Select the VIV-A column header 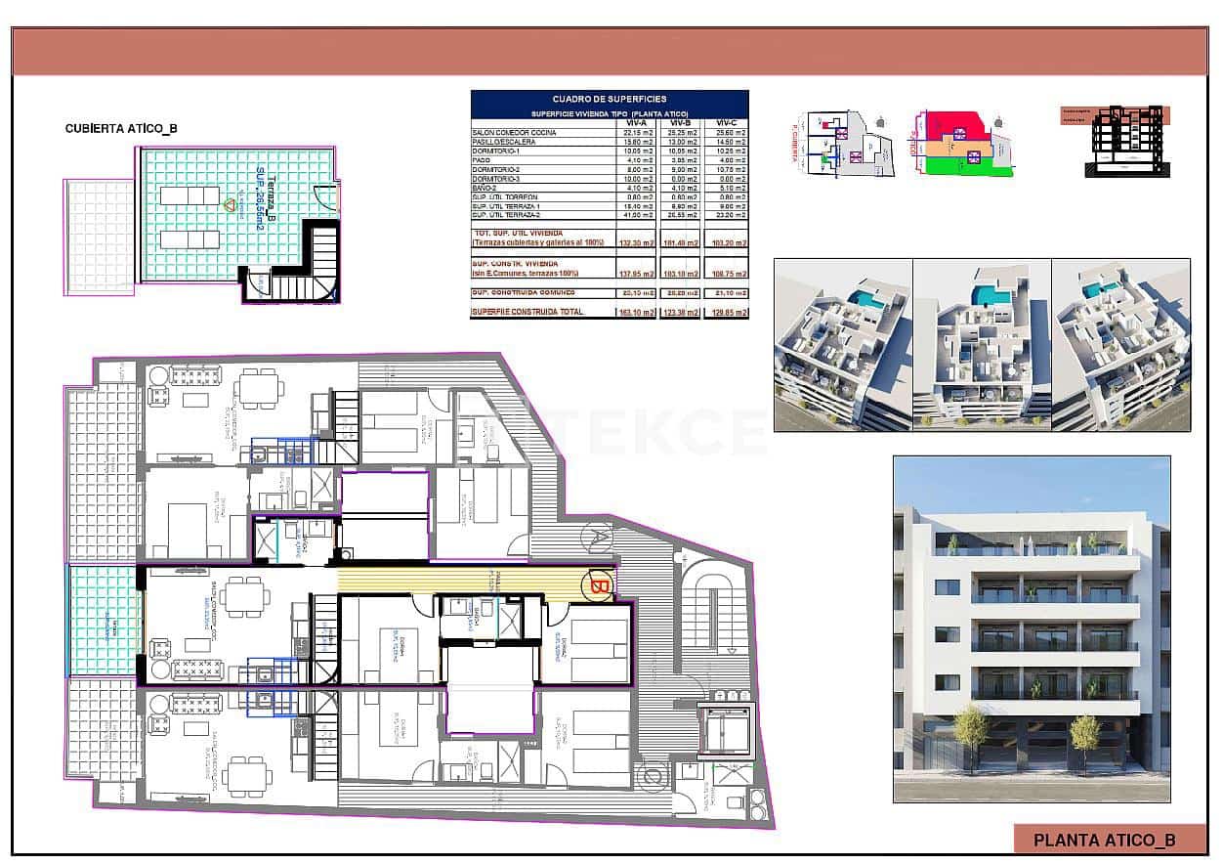pos(635,122)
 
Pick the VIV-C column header pos(726,122)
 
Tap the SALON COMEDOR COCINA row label pos(514,133)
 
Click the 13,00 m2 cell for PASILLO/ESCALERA pos(681,143)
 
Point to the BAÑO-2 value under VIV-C pos(726,189)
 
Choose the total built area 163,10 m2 pos(635,312)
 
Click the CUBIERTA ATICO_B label pos(121,128)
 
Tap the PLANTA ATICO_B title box pos(1104,839)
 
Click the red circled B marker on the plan pos(598,586)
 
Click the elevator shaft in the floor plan pos(727,728)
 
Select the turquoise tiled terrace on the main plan pos(103,621)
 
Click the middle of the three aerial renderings pos(981,344)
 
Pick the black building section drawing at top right pos(1124,142)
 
